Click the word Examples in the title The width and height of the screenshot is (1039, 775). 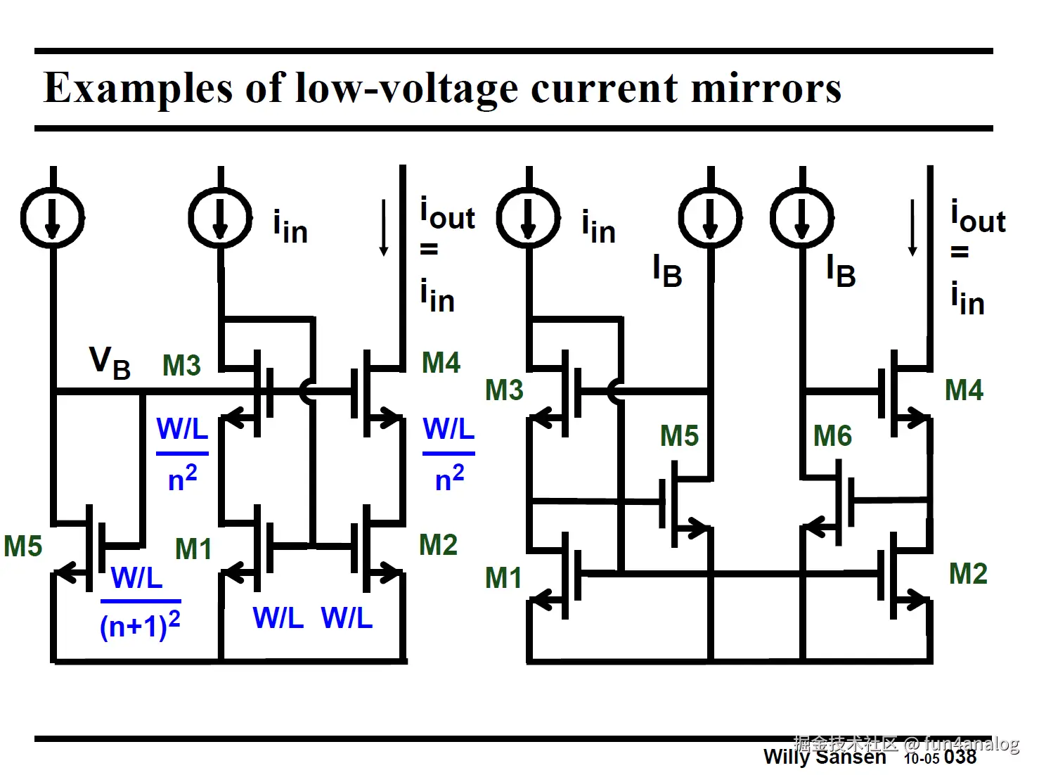tap(136, 89)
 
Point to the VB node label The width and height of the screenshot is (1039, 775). tap(110, 362)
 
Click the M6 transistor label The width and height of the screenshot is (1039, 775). tap(832, 436)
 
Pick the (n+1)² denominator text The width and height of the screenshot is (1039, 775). tap(141, 625)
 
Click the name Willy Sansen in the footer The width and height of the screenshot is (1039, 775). tap(825, 757)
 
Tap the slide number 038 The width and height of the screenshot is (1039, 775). tap(960, 757)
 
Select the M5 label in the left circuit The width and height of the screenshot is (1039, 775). tap(23, 546)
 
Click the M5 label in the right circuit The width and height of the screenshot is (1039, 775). tap(679, 436)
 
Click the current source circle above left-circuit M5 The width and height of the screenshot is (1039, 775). tap(53, 217)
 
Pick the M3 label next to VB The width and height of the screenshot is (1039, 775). tap(181, 366)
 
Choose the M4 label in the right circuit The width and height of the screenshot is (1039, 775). tap(964, 390)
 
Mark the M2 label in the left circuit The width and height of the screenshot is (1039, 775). tap(438, 545)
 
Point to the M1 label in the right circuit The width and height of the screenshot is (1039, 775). tap(503, 578)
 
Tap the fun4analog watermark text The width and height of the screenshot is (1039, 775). tap(972, 743)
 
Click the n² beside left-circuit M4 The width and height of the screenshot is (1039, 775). tap(450, 478)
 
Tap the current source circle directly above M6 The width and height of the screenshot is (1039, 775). tap(802, 217)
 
